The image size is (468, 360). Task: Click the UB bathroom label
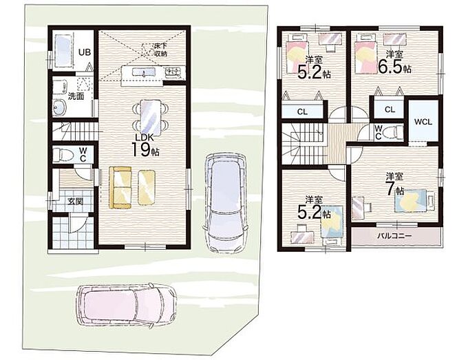[x=85, y=52]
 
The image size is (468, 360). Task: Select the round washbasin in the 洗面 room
[x=60, y=107]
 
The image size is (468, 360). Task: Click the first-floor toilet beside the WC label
[x=63, y=155]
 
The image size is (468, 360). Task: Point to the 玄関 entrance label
[x=75, y=202]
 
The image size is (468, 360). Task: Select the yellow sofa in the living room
[x=120, y=187]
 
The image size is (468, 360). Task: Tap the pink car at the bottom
[x=127, y=306]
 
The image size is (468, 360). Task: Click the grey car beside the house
[x=226, y=203]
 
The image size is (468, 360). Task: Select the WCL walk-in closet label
[x=423, y=122]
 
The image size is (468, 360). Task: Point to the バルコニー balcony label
[x=394, y=236]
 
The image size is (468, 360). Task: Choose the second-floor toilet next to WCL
[x=393, y=132]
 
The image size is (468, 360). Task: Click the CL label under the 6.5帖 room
[x=390, y=109]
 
